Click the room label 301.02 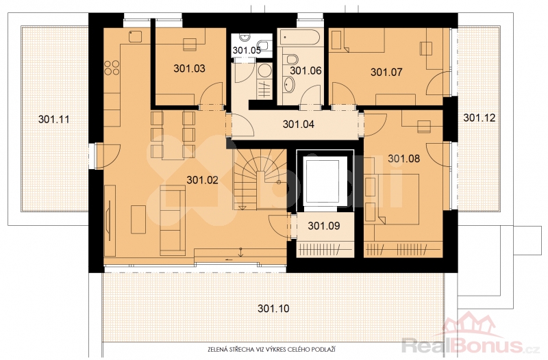point(202,180)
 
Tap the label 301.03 point(190,68)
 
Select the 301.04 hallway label point(299,124)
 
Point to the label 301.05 point(247,50)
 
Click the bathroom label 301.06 point(306,71)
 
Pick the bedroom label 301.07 point(386,73)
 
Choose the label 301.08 point(404,159)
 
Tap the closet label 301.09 point(324,226)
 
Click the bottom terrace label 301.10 point(273,309)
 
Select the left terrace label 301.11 point(54,119)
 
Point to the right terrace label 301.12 point(480,118)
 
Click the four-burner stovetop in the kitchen point(112,68)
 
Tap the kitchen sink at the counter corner point(135,37)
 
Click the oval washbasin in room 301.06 point(288,85)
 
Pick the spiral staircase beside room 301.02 point(259,179)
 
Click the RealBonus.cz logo point(471,335)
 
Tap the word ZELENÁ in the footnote point(216,349)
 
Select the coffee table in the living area point(138,220)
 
